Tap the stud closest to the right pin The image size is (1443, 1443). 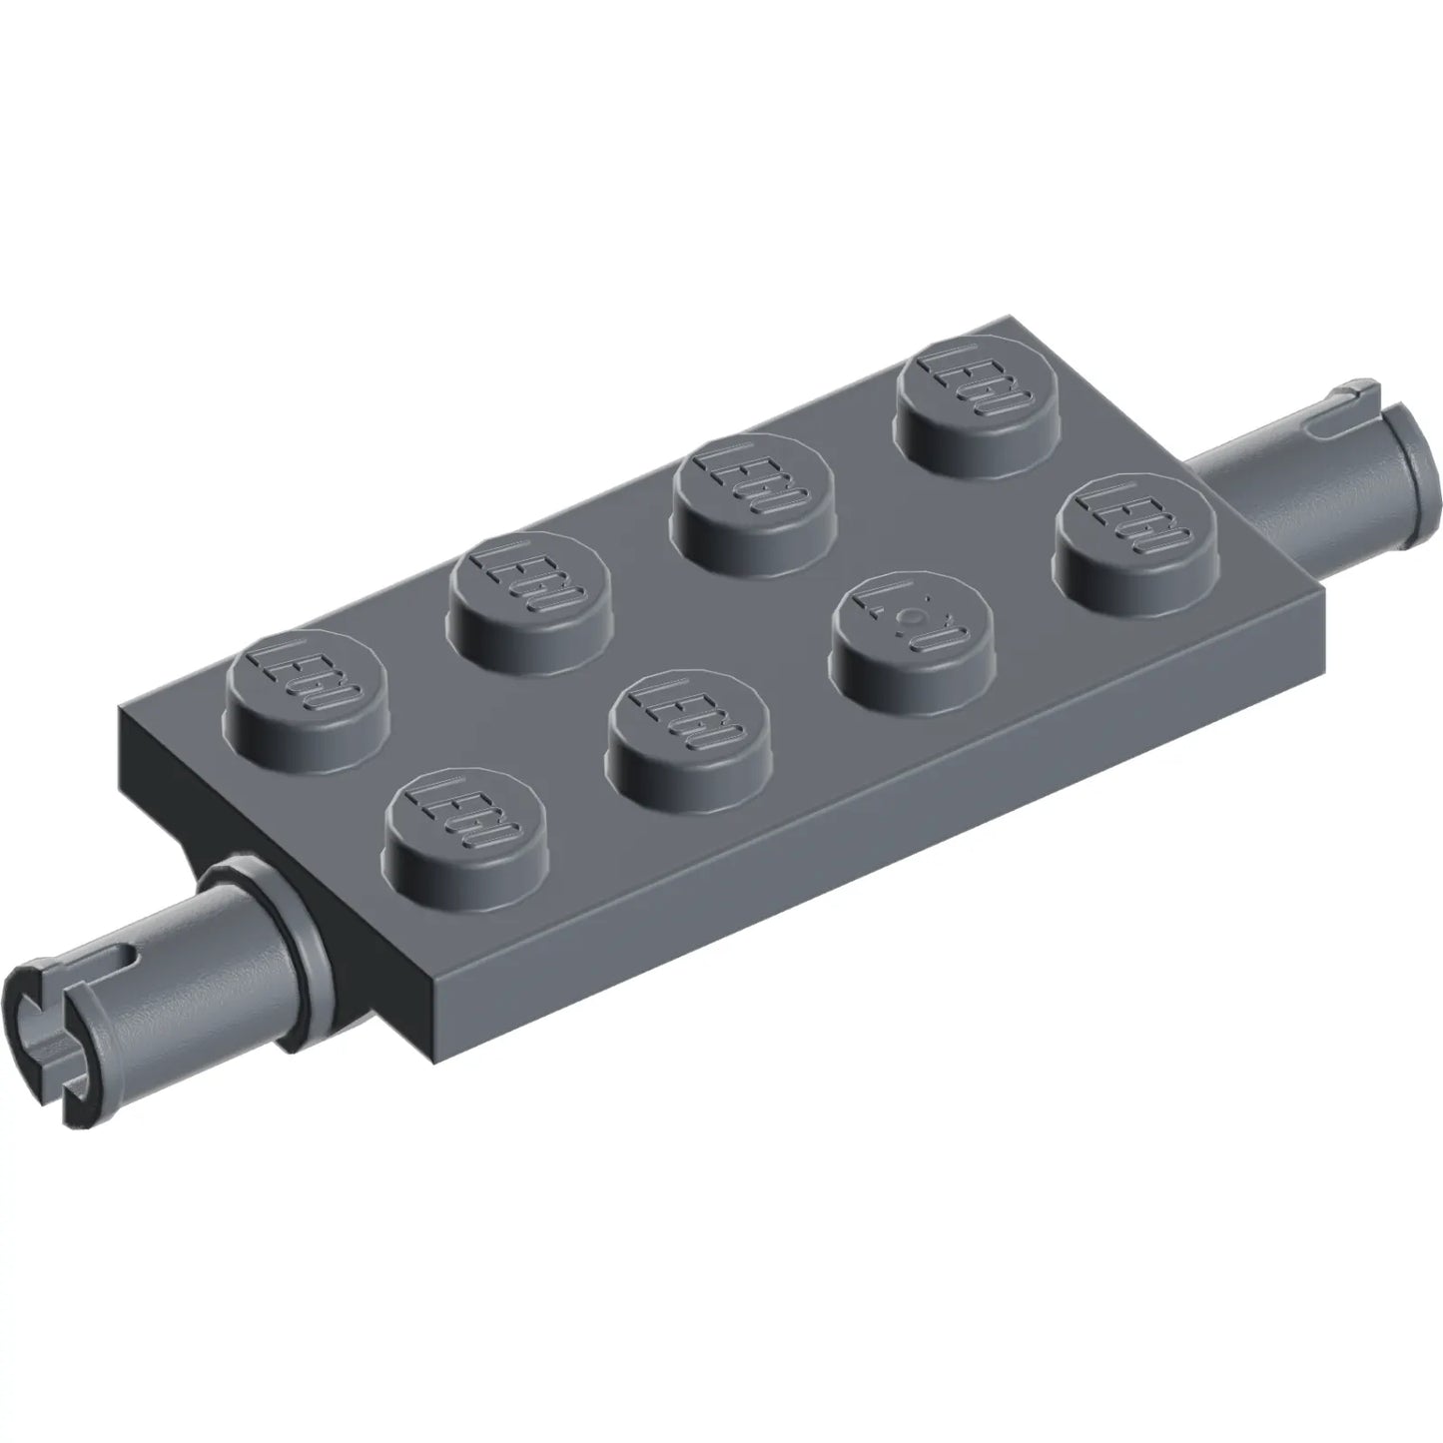(1132, 525)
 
